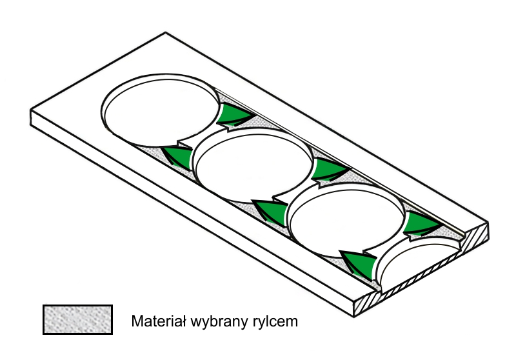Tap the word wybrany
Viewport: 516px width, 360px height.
pos(219,322)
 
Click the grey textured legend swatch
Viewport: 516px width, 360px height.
pos(77,319)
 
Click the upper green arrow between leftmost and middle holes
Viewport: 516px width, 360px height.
pos(233,116)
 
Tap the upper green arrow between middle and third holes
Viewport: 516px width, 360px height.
pos(329,170)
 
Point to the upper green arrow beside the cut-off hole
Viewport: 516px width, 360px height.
pos(421,225)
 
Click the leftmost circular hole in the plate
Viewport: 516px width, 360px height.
pos(161,110)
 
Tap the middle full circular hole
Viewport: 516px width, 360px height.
pos(253,166)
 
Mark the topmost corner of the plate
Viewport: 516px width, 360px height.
pos(166,32)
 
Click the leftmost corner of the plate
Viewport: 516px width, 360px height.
pos(30,110)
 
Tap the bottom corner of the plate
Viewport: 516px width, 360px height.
pos(354,317)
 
